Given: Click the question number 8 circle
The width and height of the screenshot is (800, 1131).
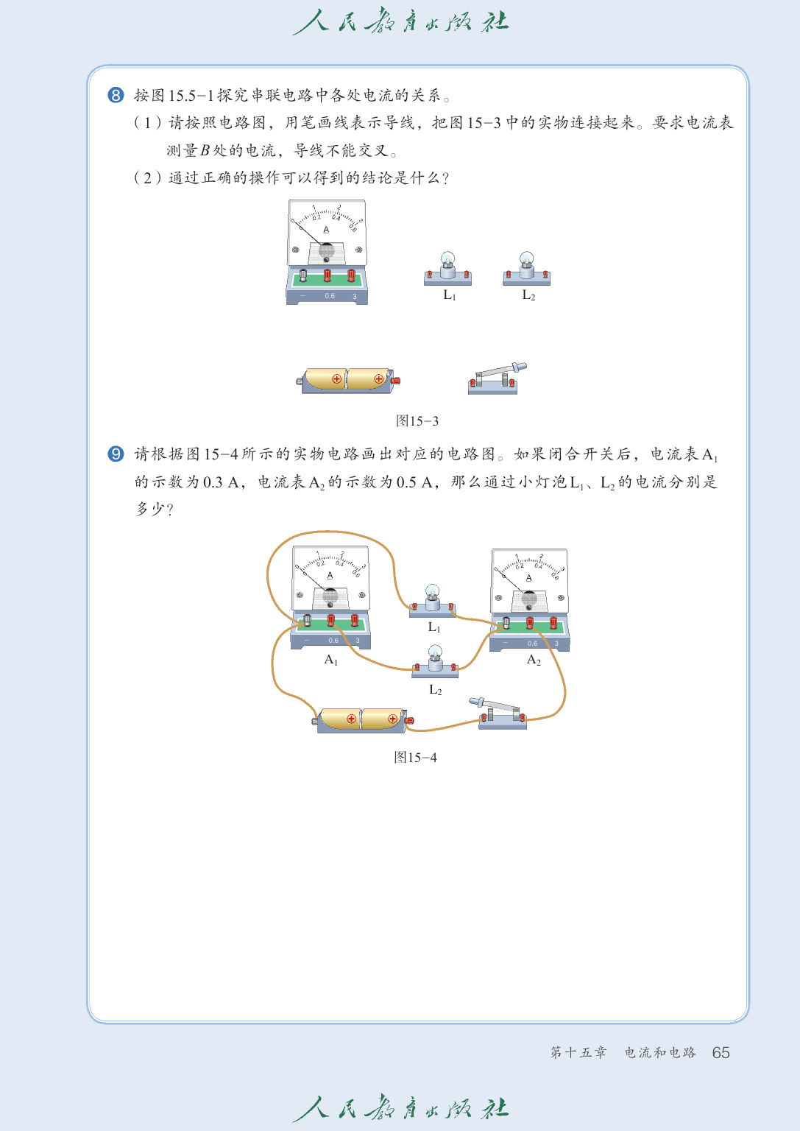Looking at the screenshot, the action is [x=116, y=95].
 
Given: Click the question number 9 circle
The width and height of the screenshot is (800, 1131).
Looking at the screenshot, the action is [x=116, y=454].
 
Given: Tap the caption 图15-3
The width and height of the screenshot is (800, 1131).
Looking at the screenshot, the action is [x=417, y=421].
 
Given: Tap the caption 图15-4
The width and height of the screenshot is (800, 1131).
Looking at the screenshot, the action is [x=415, y=758].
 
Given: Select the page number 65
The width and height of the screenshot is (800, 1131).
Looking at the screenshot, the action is [x=721, y=1053].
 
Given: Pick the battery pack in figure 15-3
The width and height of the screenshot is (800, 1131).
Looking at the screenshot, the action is [x=348, y=380].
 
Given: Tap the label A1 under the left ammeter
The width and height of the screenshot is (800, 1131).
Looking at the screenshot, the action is [x=331, y=660].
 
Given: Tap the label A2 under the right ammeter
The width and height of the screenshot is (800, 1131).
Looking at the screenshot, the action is [x=534, y=660].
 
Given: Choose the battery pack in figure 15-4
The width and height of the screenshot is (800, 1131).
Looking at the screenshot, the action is [x=362, y=719].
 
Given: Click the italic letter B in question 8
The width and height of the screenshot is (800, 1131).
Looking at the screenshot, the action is [x=205, y=151].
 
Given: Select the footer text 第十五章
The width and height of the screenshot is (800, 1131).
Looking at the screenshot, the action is [x=578, y=1053].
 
